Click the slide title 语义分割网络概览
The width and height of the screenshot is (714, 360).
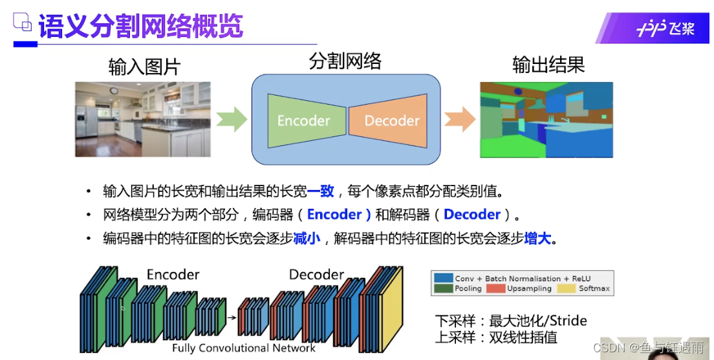pyautogui.click(x=140, y=26)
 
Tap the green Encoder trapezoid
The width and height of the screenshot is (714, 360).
pyautogui.click(x=304, y=120)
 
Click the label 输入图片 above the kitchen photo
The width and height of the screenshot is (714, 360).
pyautogui.click(x=144, y=67)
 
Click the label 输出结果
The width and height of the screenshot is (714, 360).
pyautogui.click(x=548, y=65)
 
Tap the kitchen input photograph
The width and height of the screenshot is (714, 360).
pyautogui.click(x=143, y=119)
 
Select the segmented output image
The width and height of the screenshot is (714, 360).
pyautogui.click(x=546, y=120)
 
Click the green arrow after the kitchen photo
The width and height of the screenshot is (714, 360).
pyautogui.click(x=232, y=119)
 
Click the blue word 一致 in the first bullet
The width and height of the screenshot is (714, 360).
pyautogui.click(x=320, y=191)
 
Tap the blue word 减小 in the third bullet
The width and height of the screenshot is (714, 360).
pyautogui.click(x=307, y=238)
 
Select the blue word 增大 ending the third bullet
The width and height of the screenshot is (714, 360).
pyautogui.click(x=537, y=238)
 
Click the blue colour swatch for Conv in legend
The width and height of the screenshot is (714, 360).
pyautogui.click(x=443, y=278)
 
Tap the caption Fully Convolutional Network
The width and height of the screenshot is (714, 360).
pyautogui.click(x=244, y=348)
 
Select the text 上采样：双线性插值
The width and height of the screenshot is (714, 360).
pyautogui.click(x=496, y=337)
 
